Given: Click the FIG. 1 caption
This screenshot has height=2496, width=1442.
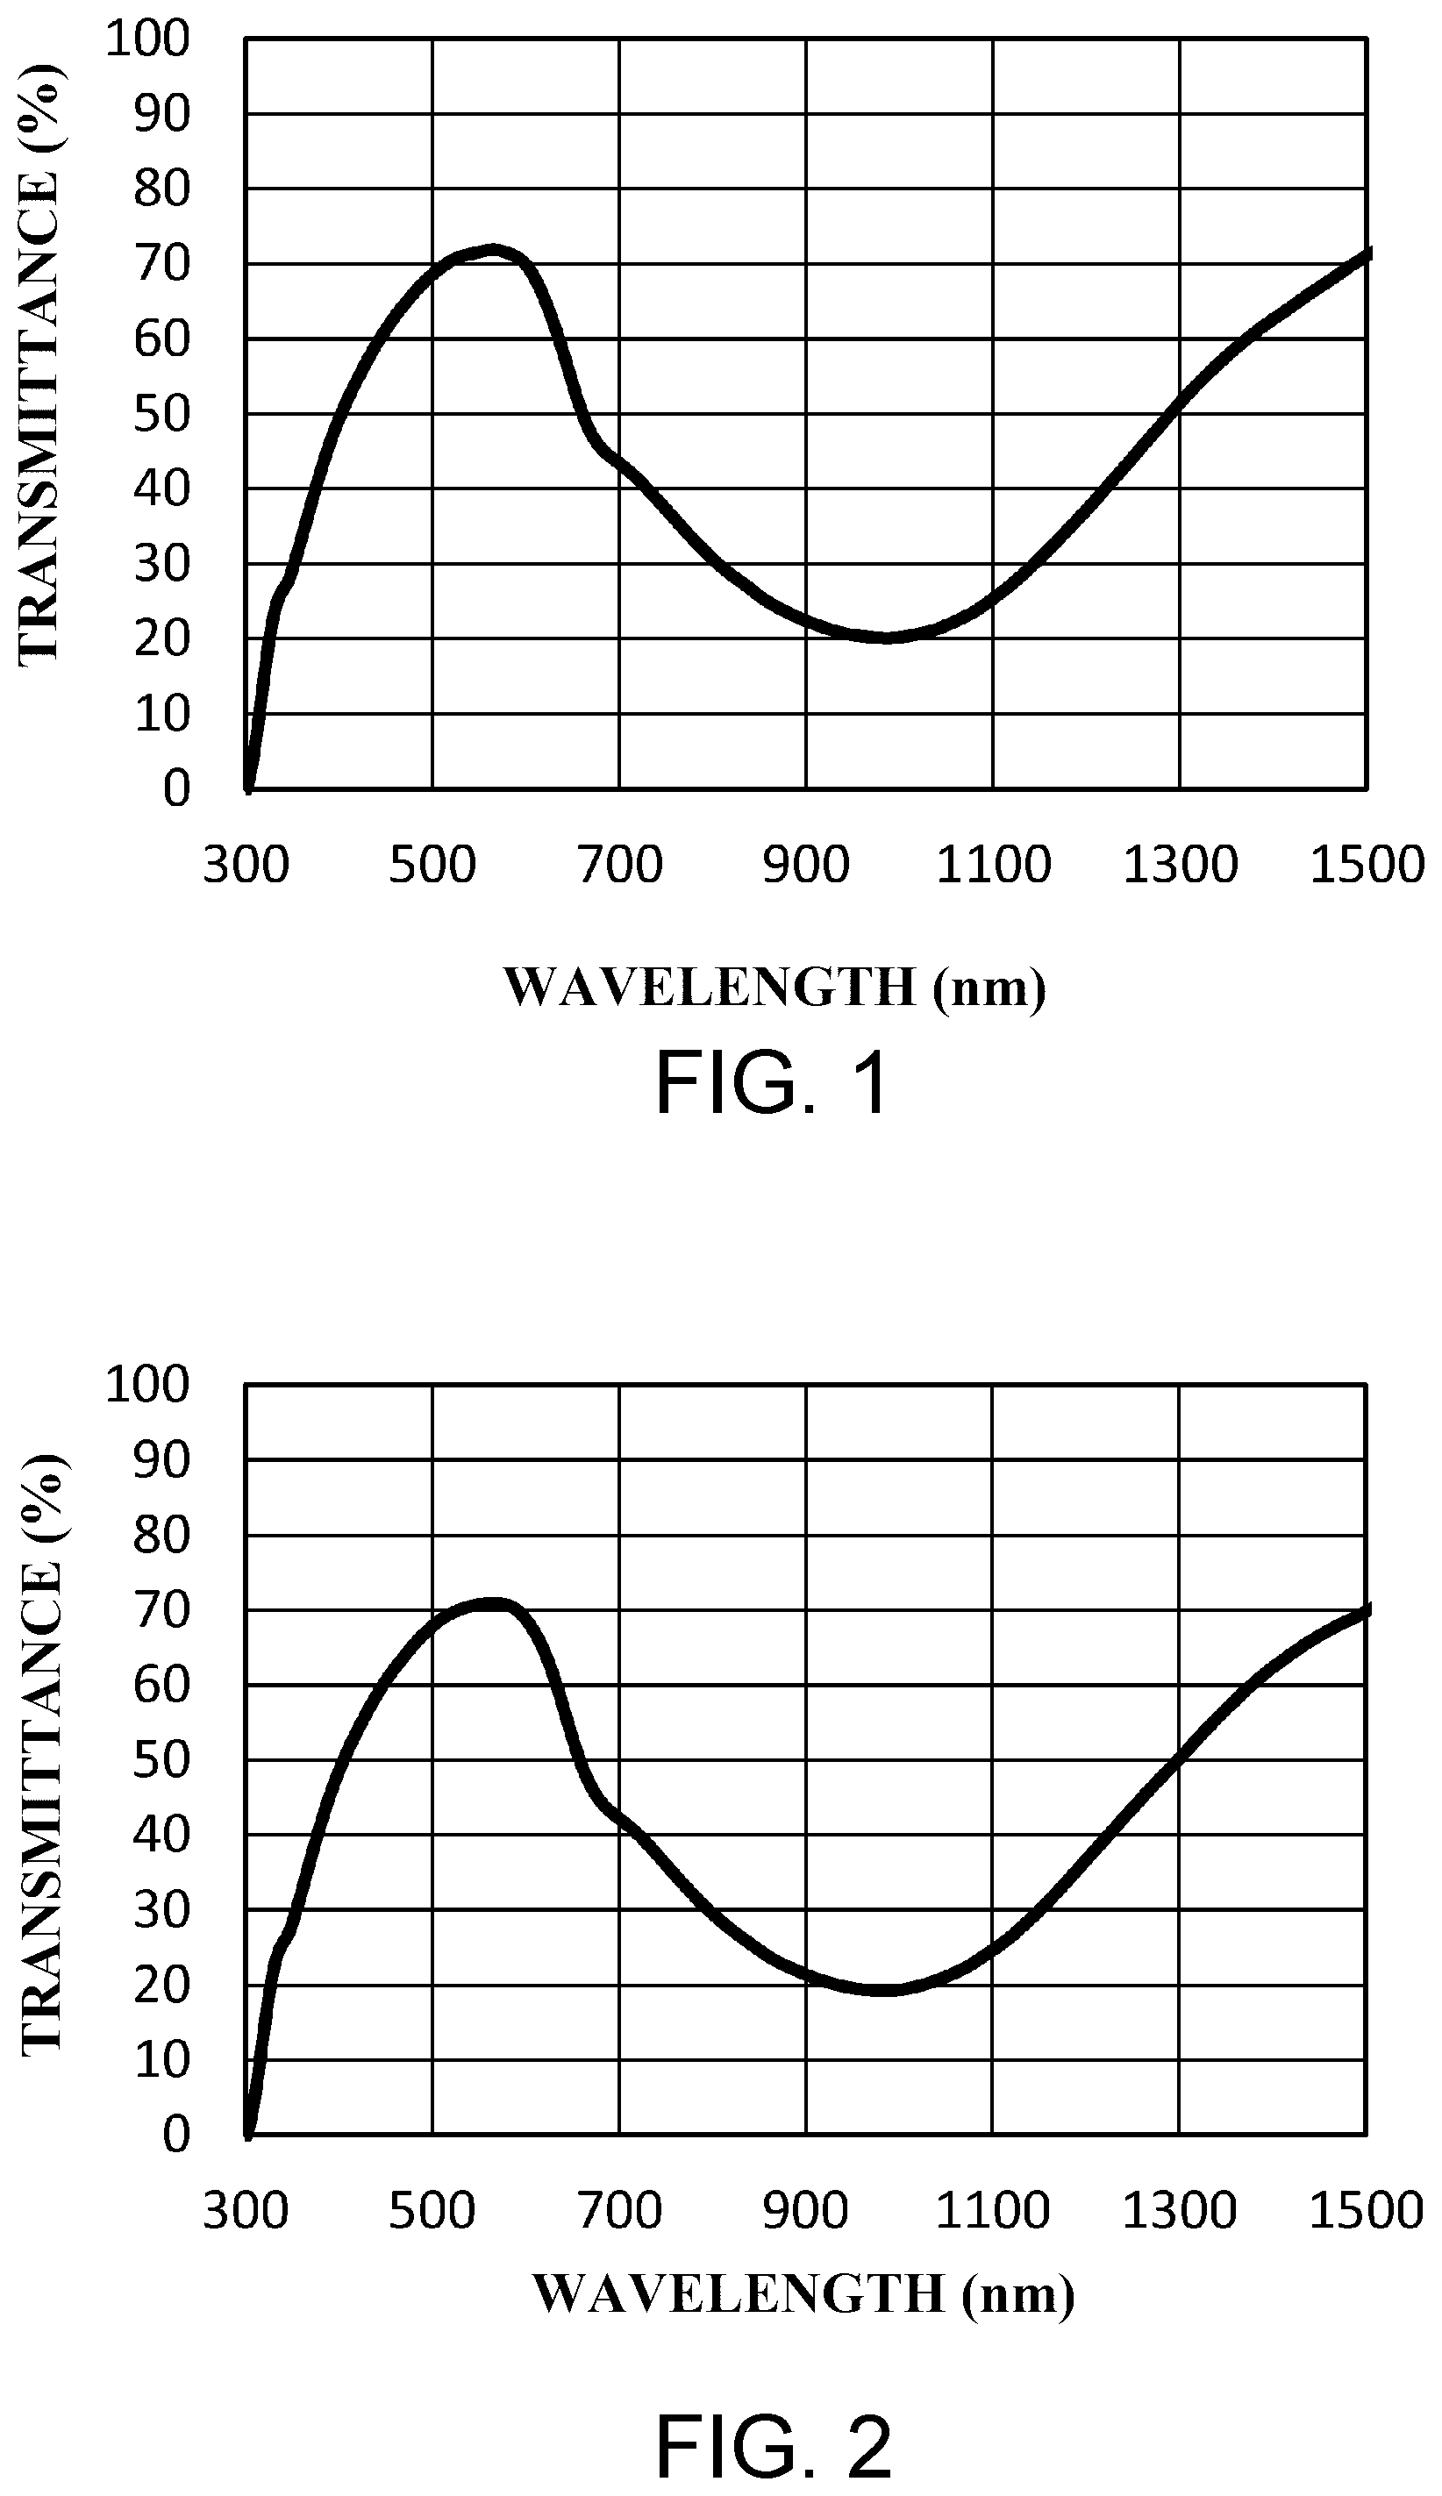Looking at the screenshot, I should click(x=773, y=1084).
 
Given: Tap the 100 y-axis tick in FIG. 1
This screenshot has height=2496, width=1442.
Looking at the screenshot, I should click(x=147, y=39).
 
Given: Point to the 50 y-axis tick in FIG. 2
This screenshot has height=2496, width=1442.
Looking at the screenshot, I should click(x=161, y=1760).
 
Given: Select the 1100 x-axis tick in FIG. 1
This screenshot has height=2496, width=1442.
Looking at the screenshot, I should click(x=992, y=866).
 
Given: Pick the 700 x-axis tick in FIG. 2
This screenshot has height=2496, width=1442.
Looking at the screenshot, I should click(x=620, y=2211).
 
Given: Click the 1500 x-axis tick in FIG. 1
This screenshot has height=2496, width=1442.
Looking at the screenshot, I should click(x=1367, y=866).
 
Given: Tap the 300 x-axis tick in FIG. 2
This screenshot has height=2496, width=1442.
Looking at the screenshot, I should click(x=246, y=2211).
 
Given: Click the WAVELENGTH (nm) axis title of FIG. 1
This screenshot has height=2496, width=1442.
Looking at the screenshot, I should click(x=775, y=988).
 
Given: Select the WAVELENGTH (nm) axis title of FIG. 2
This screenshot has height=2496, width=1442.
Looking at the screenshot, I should click(x=803, y=2293).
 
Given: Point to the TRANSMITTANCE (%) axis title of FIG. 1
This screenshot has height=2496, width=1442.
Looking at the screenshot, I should click(x=39, y=364).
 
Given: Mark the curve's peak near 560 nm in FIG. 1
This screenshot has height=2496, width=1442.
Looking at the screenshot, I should click(x=492, y=249).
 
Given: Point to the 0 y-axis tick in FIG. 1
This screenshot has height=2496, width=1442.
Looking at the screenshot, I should click(x=176, y=789).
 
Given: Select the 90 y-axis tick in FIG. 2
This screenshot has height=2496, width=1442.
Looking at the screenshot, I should click(x=161, y=1459).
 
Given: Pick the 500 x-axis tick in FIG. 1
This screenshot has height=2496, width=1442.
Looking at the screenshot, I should click(x=432, y=866).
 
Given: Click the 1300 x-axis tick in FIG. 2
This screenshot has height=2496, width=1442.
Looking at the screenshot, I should click(x=1180, y=2211).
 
